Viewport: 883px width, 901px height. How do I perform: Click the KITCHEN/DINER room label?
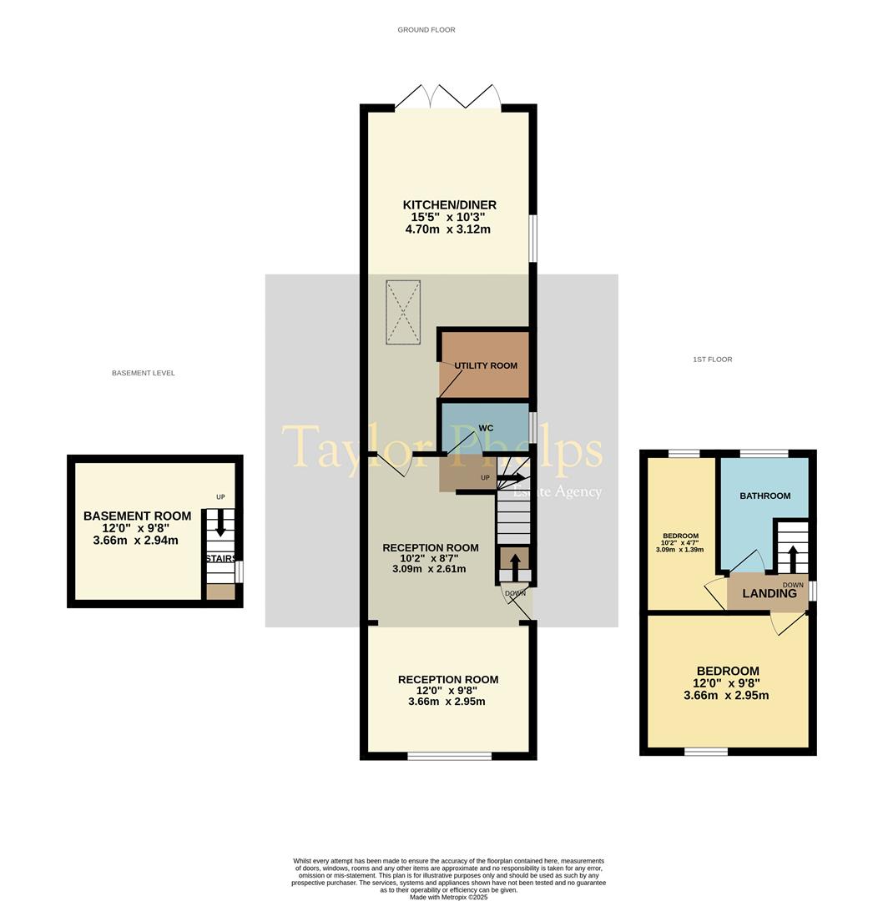point(449,205)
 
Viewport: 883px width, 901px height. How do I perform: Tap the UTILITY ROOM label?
point(486,365)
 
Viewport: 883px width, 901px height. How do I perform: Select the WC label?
point(486,428)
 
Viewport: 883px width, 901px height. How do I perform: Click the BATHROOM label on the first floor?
point(764,496)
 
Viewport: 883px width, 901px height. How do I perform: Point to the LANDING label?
point(769,594)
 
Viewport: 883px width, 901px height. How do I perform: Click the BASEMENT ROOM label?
point(137,516)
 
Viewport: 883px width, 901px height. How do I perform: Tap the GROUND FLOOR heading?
point(426,30)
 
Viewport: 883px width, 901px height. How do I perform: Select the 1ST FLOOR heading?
point(712,360)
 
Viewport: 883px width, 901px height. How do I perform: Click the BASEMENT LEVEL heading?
point(143,373)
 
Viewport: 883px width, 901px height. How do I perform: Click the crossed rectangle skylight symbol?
point(403,312)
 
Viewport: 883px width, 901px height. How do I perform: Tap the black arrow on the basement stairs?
point(220,522)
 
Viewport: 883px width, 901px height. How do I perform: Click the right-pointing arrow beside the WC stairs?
point(512,478)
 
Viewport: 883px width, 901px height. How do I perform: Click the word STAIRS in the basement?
point(220,558)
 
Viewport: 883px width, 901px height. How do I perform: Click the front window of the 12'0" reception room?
point(449,756)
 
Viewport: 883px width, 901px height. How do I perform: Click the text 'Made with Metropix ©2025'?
point(448,897)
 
